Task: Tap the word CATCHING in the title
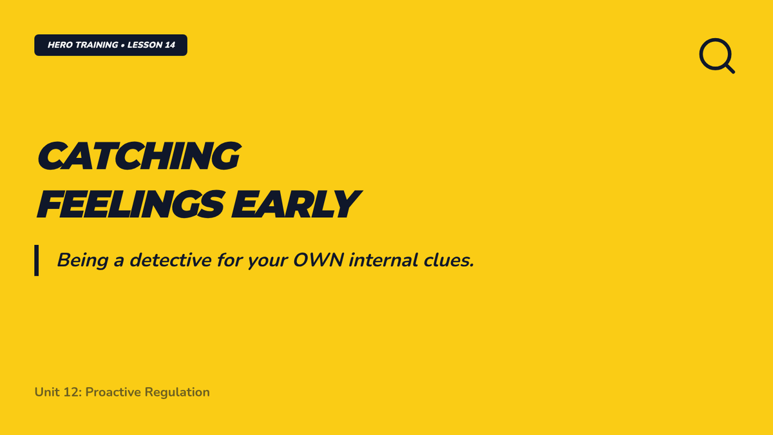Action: [x=139, y=156]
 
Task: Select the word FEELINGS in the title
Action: [x=131, y=205]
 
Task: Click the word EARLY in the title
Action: [x=296, y=205]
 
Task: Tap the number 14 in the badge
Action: [x=170, y=45]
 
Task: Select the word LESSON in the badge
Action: [x=144, y=45]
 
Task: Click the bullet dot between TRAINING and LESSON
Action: [x=123, y=45]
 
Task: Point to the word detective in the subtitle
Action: [x=171, y=260]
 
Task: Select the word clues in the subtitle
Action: [x=446, y=260]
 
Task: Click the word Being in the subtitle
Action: [x=83, y=260]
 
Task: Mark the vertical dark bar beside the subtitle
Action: [x=36, y=260]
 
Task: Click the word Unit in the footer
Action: [x=46, y=392]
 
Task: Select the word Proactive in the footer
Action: [x=113, y=392]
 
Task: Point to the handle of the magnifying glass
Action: [x=730, y=68]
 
